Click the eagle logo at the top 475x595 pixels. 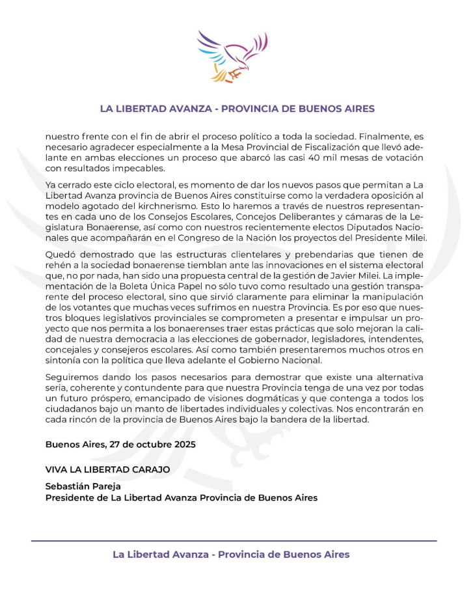point(232,57)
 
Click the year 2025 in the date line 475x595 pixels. point(183,444)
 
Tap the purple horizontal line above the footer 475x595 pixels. point(234,541)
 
